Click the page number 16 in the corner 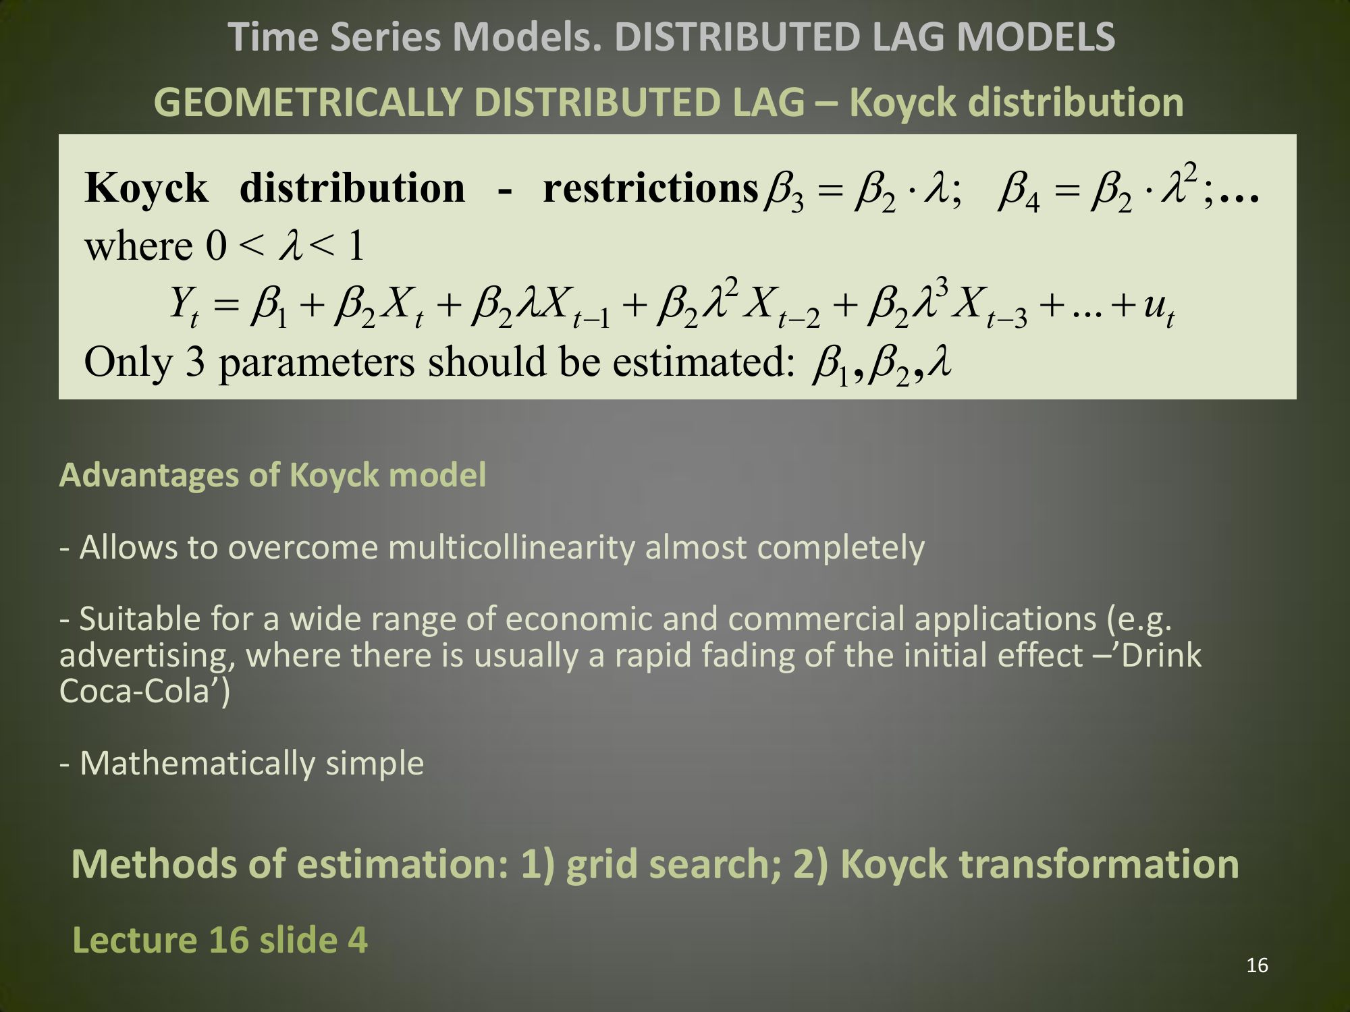(x=1257, y=965)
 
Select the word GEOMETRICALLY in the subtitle (x=308, y=103)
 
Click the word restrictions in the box (x=651, y=188)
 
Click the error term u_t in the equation (x=1159, y=309)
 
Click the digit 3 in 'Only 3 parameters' (x=195, y=362)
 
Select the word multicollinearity (x=512, y=547)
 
